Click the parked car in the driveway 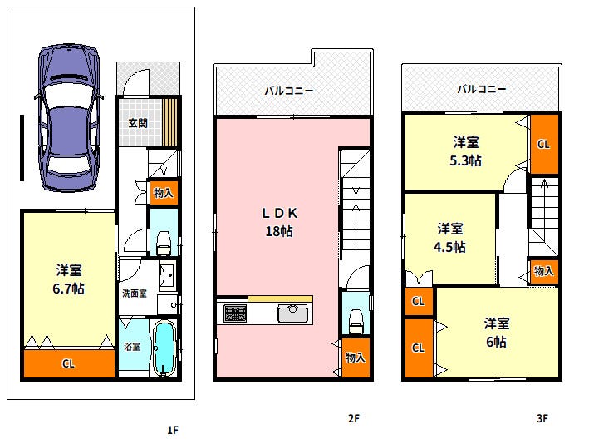click(69, 118)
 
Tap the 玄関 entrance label click(138, 123)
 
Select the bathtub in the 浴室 click(164, 348)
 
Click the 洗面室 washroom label click(135, 294)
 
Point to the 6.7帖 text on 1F click(68, 289)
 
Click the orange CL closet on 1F click(69, 363)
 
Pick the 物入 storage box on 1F click(164, 193)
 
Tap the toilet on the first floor click(164, 244)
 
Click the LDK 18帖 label click(279, 222)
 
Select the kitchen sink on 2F click(292, 314)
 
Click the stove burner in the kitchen click(235, 313)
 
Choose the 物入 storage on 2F click(356, 358)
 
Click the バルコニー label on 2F click(289, 91)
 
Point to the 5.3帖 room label click(466, 160)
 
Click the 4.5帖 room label click(449, 247)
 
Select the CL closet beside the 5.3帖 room click(544, 144)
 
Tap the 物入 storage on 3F click(543, 271)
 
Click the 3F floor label click(542, 418)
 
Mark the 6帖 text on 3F click(497, 342)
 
